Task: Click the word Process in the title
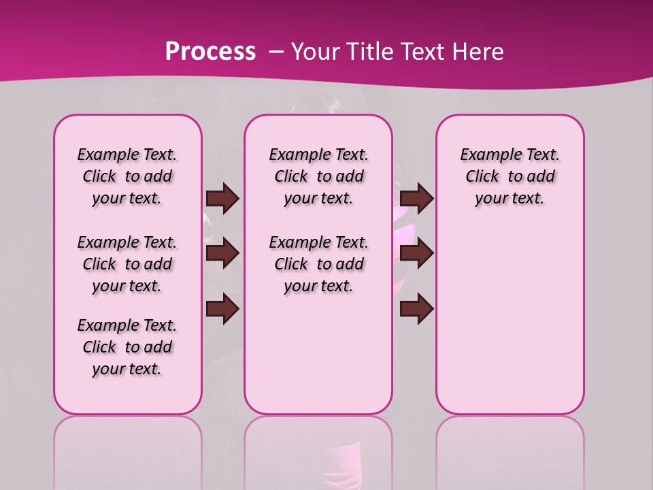coord(210,52)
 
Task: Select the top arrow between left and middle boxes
coord(222,198)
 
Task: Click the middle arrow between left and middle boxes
coord(222,254)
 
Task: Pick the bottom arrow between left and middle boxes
coord(222,310)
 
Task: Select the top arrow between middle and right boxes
coord(416,198)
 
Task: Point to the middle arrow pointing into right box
coord(416,254)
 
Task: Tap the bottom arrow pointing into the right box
coord(416,310)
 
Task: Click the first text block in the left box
coord(127,176)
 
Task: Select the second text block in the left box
coord(127,264)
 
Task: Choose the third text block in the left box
coord(127,347)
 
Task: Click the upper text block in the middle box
coord(318,176)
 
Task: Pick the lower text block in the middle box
coord(318,264)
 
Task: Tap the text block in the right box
coord(509,176)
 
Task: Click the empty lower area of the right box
coord(510,327)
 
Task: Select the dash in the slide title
coord(275,52)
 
